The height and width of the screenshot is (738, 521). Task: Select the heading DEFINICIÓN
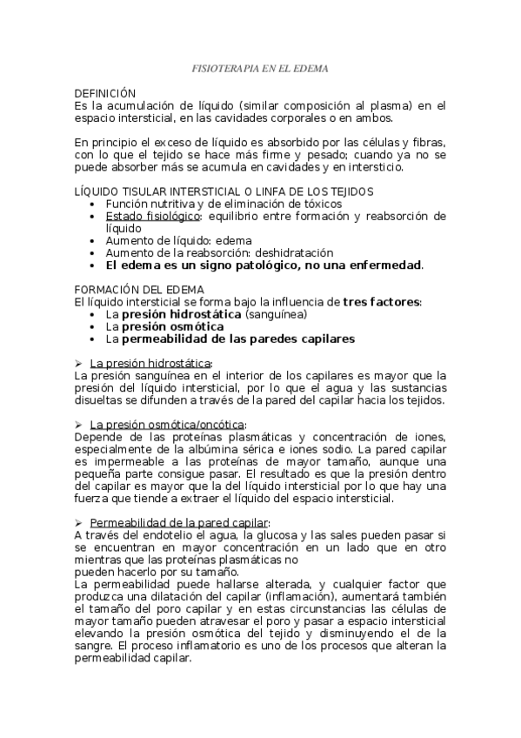point(106,91)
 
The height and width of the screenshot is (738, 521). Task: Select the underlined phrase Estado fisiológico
point(153,215)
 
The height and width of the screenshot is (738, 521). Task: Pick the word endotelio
point(148,534)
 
